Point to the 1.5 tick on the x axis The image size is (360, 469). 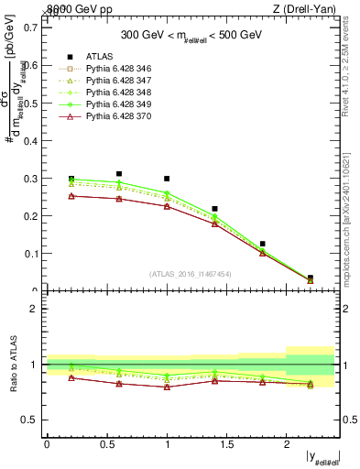226,443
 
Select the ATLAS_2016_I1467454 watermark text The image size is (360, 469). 190,274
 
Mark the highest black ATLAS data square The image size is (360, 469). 119,173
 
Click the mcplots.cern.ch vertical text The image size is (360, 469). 351,220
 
